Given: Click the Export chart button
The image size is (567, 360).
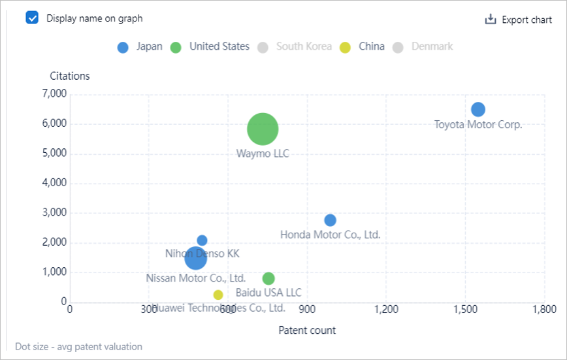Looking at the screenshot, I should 518,20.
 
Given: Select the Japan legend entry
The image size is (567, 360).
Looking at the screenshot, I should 140,47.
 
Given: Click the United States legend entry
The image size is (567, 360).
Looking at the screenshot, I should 210,47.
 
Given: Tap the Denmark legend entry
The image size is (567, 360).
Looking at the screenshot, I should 423,47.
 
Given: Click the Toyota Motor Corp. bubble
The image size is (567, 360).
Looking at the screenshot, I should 478,109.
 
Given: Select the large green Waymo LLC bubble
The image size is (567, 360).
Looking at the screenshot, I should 263,129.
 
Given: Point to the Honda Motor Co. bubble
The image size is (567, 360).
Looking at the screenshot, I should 331,220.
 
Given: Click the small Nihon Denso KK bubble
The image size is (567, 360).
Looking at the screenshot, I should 202,240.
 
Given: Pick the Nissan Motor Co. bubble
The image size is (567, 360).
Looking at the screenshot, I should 195,259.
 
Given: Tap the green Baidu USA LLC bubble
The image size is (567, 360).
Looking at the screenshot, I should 268,278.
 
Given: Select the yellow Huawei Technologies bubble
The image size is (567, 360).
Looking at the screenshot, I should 218,295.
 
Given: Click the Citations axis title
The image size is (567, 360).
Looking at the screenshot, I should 70,76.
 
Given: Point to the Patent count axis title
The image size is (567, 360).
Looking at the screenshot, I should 307,330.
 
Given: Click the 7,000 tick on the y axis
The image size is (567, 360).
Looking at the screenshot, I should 54,94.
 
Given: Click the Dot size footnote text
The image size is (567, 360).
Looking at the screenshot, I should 78,346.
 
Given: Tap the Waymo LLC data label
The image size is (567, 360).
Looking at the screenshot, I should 263,154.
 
